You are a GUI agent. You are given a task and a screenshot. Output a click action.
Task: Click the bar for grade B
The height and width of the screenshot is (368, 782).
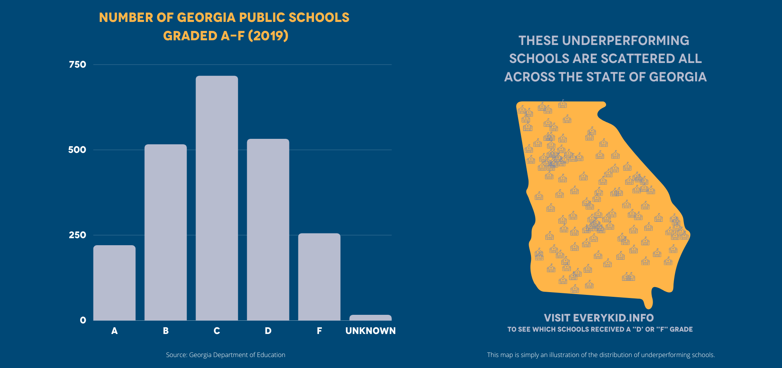(x=165, y=232)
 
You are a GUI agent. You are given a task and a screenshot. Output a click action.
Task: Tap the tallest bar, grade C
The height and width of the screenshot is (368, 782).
(x=217, y=198)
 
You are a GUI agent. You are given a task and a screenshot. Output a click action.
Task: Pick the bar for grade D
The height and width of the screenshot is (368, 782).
(x=268, y=230)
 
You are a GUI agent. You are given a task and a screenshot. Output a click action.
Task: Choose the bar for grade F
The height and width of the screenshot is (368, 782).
(x=319, y=277)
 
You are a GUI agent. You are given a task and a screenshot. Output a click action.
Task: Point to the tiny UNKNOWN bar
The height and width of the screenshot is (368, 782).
(x=370, y=318)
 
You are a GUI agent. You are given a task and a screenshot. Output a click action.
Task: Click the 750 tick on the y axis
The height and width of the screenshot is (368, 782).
(x=77, y=65)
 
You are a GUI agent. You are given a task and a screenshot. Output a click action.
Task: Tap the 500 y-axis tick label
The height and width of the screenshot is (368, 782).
(x=77, y=150)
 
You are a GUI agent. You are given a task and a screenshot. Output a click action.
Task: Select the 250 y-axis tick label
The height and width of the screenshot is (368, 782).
(x=77, y=235)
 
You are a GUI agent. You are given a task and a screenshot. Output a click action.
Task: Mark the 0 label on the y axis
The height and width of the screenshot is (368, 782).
(x=83, y=320)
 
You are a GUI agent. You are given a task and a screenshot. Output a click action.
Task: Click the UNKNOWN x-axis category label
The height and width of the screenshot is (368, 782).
(x=370, y=331)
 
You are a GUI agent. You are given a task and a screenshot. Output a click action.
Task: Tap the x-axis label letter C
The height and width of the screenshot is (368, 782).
(x=217, y=331)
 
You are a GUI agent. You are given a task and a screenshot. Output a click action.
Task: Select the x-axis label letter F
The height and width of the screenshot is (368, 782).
(x=319, y=331)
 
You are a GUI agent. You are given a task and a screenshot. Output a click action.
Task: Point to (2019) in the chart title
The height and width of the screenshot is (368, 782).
(x=268, y=36)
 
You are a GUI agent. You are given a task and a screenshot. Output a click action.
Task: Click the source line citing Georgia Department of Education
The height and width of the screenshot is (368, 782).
(x=226, y=355)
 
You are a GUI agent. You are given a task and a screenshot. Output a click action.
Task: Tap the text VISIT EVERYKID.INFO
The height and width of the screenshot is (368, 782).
(x=599, y=318)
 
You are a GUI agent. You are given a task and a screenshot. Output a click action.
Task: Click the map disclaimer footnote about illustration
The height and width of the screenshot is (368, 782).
(x=601, y=355)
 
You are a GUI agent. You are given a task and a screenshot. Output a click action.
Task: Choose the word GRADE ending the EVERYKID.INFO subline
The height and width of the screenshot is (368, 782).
(x=681, y=329)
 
